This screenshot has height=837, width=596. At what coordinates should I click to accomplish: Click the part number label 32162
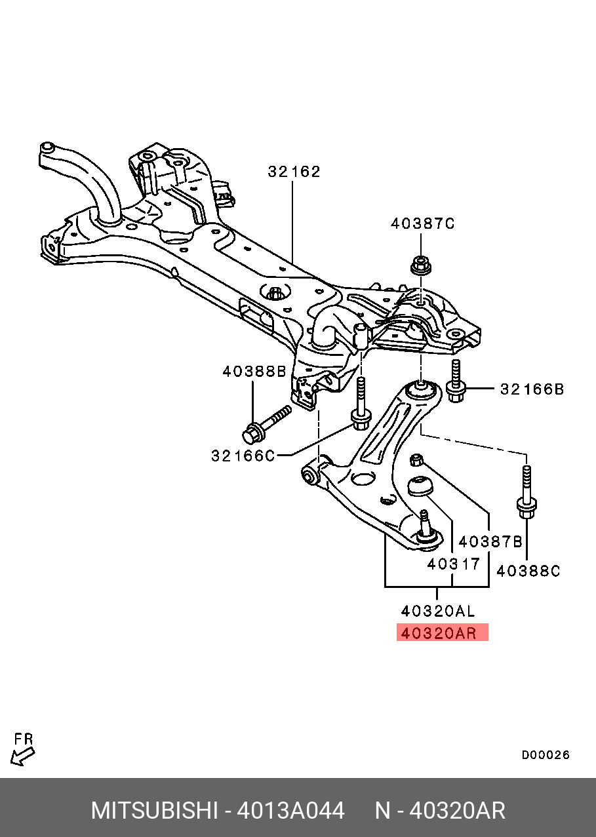coord(294,172)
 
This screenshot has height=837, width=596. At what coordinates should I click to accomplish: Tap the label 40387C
coord(422,224)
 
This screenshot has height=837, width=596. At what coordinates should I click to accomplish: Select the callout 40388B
coord(254,372)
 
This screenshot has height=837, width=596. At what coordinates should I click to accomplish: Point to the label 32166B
coord(532,389)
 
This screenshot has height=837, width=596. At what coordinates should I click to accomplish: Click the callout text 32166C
coord(243,456)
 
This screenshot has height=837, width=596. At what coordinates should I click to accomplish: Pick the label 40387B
coord(490,542)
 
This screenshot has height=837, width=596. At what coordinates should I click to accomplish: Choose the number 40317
coord(453,564)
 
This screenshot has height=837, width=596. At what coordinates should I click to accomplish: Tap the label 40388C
coord(528,571)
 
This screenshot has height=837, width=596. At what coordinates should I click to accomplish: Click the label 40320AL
coord(438,612)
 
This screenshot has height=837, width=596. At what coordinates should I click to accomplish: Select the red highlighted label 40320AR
coord(443,633)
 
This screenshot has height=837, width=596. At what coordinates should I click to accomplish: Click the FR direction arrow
coord(22,756)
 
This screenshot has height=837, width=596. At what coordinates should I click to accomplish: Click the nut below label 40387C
coord(421,265)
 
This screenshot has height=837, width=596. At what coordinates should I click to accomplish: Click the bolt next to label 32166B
coord(455,381)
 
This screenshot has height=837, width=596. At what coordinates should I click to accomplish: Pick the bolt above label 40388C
coord(526,492)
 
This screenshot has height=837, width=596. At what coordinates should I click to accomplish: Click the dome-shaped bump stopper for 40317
coord(420,486)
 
